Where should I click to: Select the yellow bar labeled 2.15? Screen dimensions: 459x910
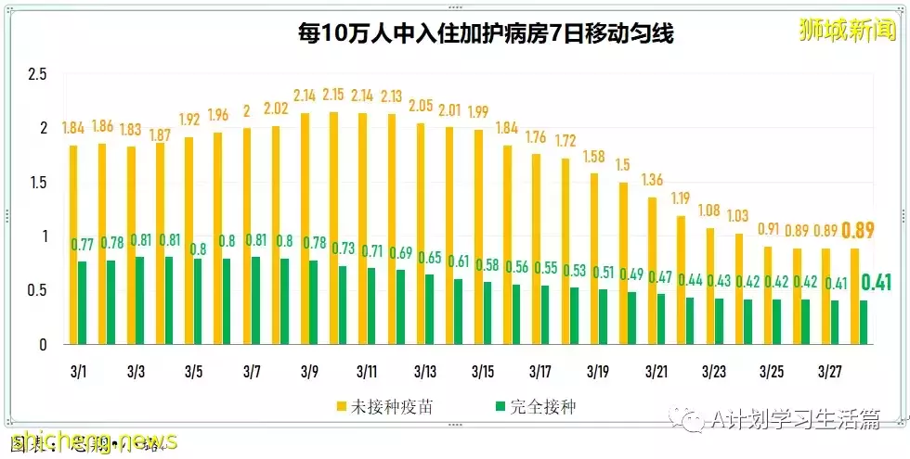tap(333, 228)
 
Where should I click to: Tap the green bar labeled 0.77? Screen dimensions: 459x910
tap(84, 302)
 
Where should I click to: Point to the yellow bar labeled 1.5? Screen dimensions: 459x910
tap(623, 263)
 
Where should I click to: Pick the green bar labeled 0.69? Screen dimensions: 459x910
tap(400, 307)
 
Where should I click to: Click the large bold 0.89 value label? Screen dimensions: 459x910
tap(860, 231)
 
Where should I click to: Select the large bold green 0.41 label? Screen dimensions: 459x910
tap(876, 283)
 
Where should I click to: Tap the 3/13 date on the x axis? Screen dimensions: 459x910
tap(424, 372)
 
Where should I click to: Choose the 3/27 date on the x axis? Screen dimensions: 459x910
tap(829, 372)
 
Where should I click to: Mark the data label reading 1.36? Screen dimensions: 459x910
tap(652, 180)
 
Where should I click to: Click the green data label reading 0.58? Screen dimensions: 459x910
tap(487, 264)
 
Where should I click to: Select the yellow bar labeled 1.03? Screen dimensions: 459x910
tap(738, 288)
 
